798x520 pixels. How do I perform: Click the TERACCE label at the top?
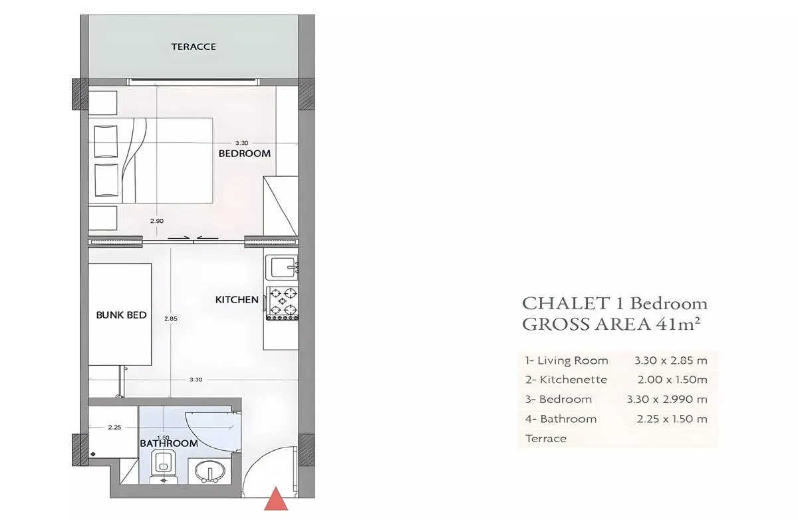click(194, 47)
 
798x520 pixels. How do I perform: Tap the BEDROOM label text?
click(245, 154)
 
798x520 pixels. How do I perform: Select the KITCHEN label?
click(237, 299)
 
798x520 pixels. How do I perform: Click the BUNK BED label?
click(121, 315)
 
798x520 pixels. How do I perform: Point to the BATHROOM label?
click(168, 444)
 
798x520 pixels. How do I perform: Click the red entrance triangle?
click(276, 499)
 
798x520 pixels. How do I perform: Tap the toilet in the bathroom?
click(164, 467)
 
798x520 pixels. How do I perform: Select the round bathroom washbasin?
click(210, 471)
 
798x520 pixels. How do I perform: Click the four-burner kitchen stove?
click(283, 303)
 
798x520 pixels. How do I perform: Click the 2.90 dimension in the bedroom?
click(157, 221)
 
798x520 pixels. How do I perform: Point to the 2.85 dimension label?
click(171, 319)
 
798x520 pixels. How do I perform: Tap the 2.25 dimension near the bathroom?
click(114, 428)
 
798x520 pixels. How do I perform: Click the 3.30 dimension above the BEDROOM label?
click(241, 143)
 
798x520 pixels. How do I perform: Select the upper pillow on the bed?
click(106, 141)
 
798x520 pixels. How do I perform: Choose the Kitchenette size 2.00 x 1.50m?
click(672, 380)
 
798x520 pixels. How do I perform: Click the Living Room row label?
click(567, 360)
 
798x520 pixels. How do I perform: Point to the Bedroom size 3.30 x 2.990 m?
click(667, 399)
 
